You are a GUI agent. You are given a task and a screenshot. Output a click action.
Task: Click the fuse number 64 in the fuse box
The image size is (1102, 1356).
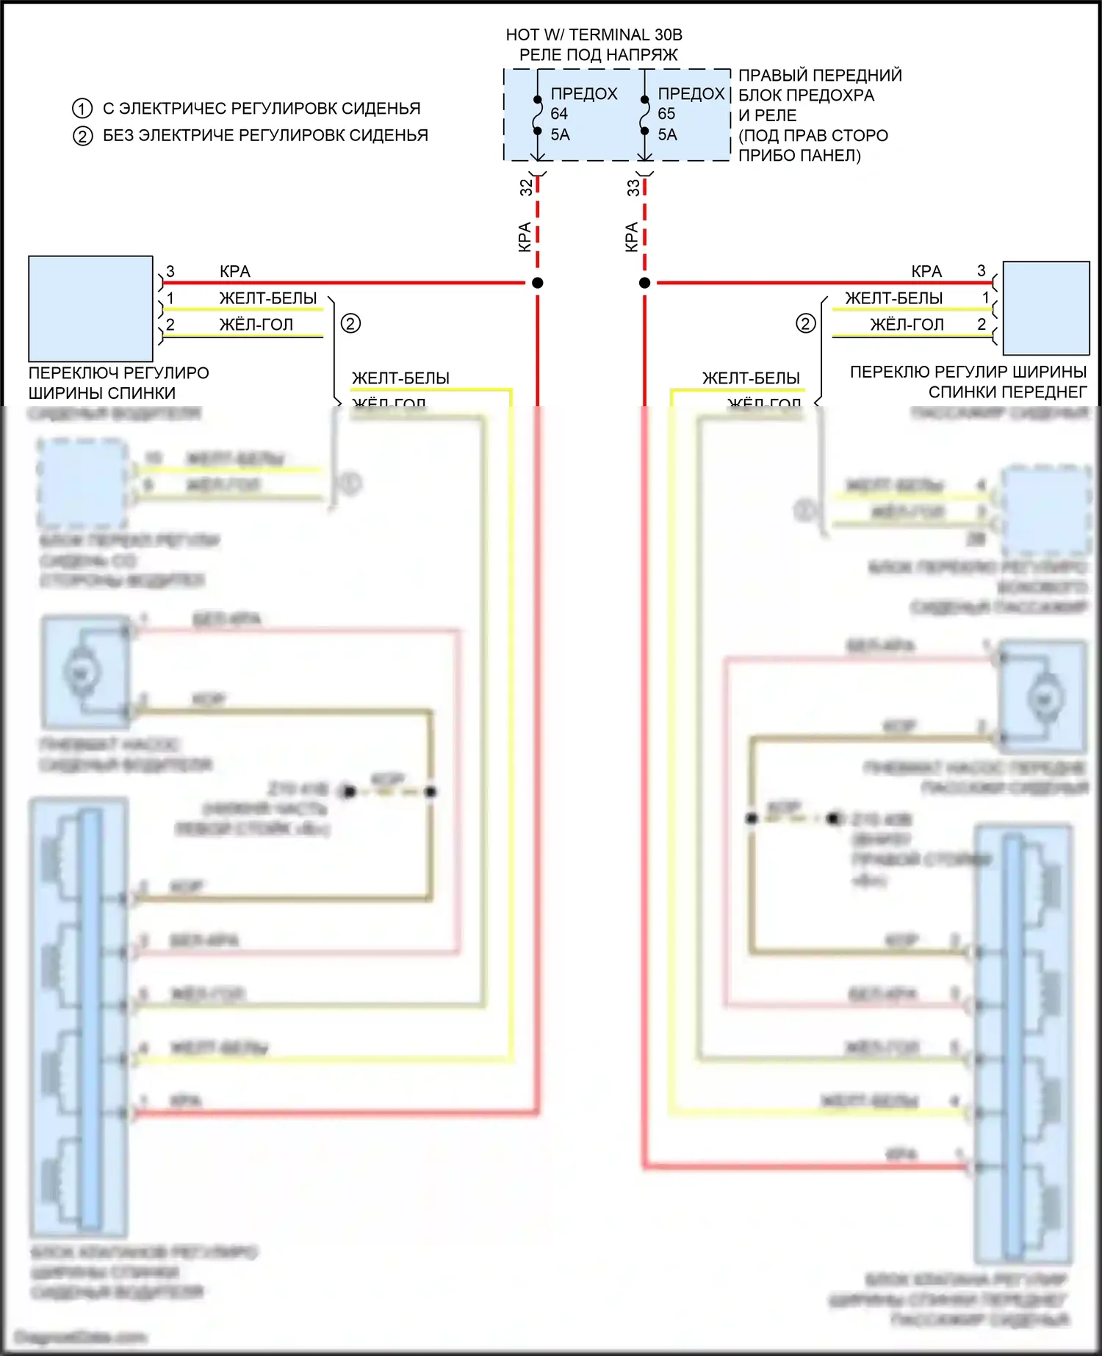(x=559, y=114)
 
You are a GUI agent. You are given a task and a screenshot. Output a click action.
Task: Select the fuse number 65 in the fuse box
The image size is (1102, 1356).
(x=666, y=114)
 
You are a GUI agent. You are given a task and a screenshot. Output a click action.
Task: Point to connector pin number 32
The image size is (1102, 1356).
(x=526, y=187)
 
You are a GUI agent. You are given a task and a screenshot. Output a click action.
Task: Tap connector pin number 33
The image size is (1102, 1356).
(x=633, y=187)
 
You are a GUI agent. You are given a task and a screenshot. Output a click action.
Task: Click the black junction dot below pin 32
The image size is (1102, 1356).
(x=538, y=283)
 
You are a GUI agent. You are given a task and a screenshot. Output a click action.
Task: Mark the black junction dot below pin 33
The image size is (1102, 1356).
(x=644, y=283)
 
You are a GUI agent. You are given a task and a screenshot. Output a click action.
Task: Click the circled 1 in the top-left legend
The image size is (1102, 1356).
(x=82, y=109)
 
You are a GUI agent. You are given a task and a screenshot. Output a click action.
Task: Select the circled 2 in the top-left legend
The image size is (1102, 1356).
(x=82, y=136)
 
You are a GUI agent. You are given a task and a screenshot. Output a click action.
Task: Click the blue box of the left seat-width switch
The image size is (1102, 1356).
(x=90, y=309)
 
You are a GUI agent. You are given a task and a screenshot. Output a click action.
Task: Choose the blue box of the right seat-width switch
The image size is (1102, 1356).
(x=1046, y=309)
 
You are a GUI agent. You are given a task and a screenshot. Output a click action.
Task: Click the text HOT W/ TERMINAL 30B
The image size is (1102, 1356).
(x=594, y=35)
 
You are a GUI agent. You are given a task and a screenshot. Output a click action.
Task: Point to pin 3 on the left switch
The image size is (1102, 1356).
(x=170, y=272)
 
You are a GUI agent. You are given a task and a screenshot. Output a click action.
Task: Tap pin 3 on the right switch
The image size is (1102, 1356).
(x=982, y=271)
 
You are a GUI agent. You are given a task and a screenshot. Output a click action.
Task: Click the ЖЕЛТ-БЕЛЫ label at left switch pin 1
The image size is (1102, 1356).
(x=268, y=298)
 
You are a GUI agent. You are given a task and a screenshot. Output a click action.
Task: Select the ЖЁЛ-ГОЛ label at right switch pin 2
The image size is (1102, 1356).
(x=907, y=325)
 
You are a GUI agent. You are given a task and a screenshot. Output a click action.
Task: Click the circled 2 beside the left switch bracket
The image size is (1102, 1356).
(x=350, y=323)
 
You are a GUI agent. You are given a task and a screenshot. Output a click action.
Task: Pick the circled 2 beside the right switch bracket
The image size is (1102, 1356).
(x=805, y=323)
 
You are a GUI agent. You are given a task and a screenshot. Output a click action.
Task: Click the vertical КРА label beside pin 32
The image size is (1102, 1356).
(x=525, y=237)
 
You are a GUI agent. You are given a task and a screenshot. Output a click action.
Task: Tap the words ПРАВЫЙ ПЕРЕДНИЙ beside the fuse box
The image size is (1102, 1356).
(x=820, y=75)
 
